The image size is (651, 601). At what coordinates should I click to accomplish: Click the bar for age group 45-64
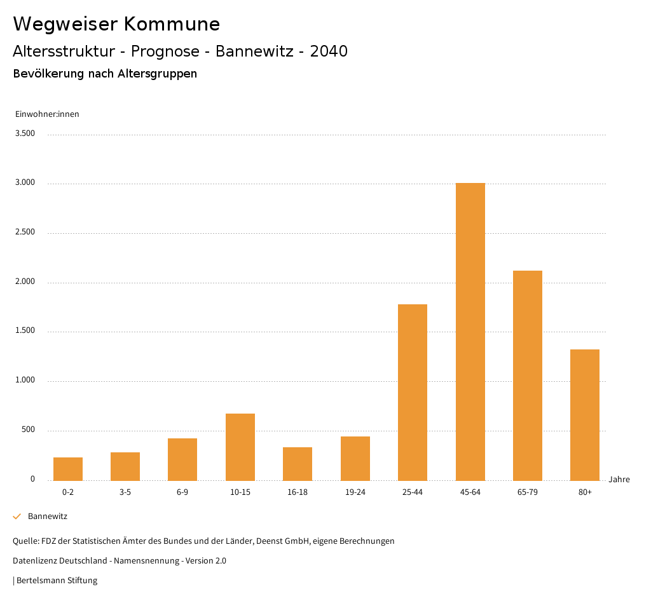tap(470, 332)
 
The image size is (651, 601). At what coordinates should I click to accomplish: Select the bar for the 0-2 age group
tap(68, 469)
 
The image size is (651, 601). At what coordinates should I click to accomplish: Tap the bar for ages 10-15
tap(240, 447)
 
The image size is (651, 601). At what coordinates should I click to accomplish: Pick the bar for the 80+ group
tap(585, 415)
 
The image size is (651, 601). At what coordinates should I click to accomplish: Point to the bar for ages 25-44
tap(413, 392)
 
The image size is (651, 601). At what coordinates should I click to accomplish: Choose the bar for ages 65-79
tap(528, 375)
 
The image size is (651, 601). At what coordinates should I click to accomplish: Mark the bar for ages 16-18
tap(298, 464)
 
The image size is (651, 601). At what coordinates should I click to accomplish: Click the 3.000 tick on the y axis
tap(25, 183)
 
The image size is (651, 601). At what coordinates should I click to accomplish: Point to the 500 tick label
tap(28, 430)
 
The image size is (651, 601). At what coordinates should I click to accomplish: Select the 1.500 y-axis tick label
tap(25, 331)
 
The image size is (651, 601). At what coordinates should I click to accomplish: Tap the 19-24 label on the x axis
tap(355, 492)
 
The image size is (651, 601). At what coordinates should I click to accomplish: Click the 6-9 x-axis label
tap(182, 492)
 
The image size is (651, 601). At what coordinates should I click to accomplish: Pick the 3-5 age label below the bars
tap(125, 492)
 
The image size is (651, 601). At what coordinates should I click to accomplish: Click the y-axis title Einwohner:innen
tap(47, 114)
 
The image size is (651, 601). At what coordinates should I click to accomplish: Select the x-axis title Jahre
tap(619, 480)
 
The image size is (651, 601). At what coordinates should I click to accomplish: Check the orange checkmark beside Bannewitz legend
tap(17, 517)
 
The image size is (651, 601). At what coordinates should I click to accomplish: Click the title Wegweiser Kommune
tap(116, 24)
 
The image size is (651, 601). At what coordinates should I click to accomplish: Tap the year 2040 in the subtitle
tap(329, 51)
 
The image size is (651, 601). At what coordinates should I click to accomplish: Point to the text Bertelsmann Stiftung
tap(57, 581)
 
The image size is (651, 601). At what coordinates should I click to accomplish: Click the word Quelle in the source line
tap(25, 541)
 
